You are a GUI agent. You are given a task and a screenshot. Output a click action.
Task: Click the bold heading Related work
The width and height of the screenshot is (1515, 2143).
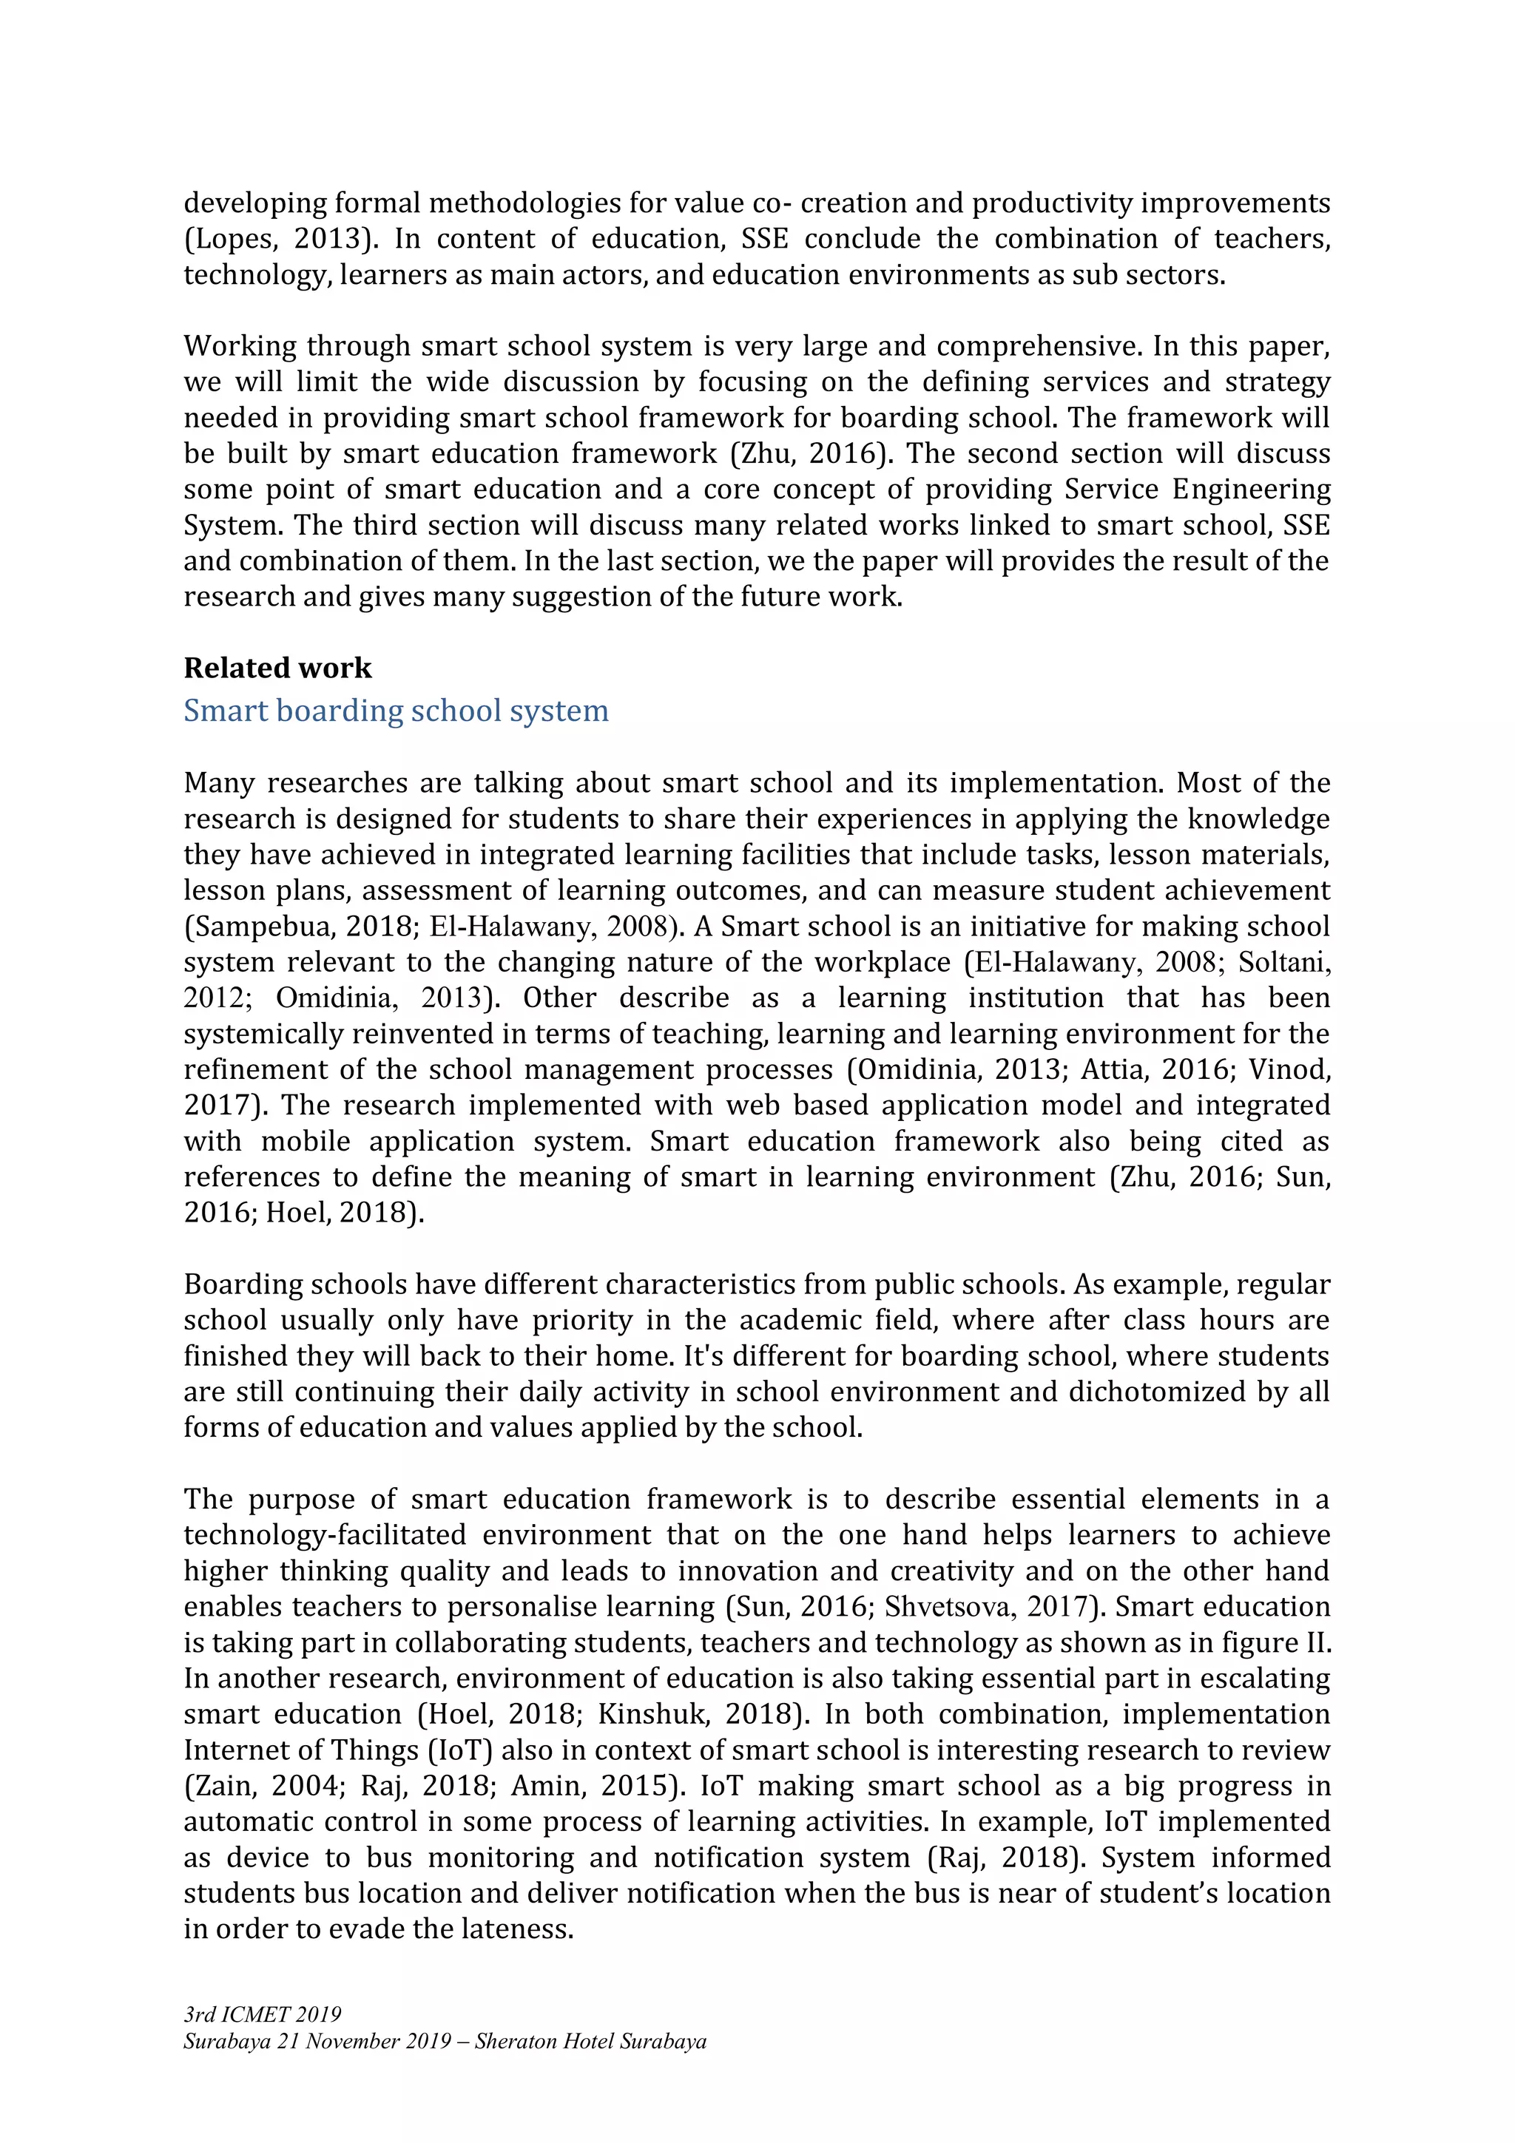click(x=277, y=668)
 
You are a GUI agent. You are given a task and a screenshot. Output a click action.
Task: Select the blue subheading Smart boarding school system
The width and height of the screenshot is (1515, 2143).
click(x=396, y=711)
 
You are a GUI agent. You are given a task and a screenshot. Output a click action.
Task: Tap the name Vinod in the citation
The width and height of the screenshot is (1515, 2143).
click(x=1288, y=1069)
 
